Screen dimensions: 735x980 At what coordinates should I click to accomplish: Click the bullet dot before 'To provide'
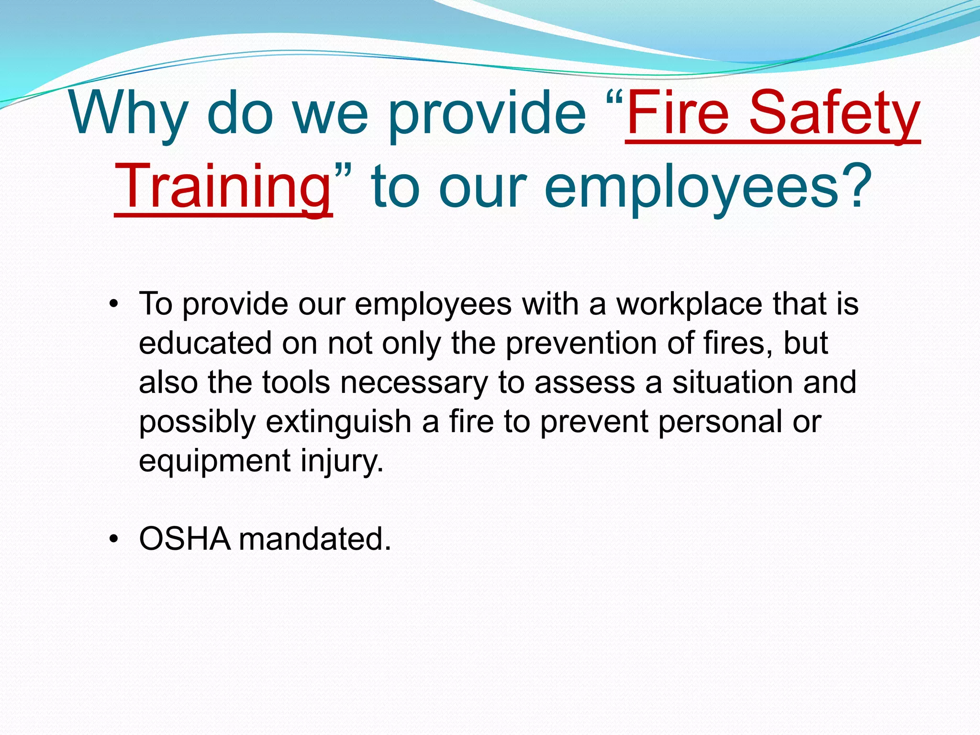click(x=113, y=304)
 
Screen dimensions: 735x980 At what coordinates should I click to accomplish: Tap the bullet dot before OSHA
click(x=113, y=539)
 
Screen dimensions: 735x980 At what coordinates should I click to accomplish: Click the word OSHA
click(x=185, y=539)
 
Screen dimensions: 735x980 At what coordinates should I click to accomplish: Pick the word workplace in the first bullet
click(x=690, y=304)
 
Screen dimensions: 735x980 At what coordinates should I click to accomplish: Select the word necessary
click(x=414, y=383)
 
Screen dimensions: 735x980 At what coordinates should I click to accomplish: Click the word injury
click(x=342, y=461)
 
